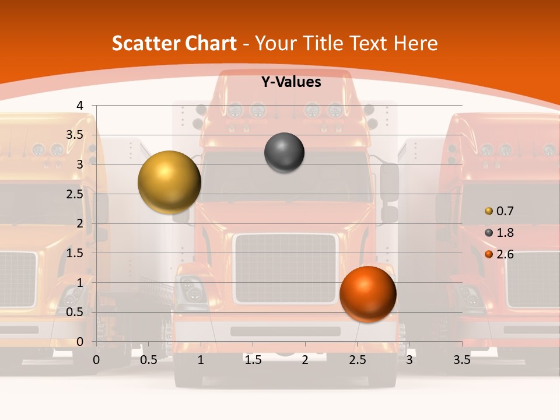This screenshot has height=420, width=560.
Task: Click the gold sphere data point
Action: click(x=169, y=182)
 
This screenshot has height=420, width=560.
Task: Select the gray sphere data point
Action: click(x=284, y=153)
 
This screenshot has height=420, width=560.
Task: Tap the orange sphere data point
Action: click(x=367, y=294)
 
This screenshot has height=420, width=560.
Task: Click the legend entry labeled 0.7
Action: click(x=499, y=211)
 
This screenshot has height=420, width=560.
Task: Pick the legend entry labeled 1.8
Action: click(x=499, y=233)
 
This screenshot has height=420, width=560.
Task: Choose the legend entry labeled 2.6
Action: click(x=499, y=254)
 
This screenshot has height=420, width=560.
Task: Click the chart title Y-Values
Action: click(x=290, y=82)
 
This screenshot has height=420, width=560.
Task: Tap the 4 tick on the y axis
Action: click(x=80, y=105)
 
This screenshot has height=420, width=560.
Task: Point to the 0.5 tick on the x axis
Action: click(x=149, y=360)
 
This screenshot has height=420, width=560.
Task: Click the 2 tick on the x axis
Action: click(x=305, y=360)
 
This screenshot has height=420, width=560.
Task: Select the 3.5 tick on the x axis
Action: click(x=461, y=360)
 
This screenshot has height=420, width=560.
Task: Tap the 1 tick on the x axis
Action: click(x=201, y=360)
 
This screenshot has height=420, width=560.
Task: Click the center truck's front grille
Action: click(x=285, y=268)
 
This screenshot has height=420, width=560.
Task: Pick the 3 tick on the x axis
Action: click(x=409, y=360)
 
